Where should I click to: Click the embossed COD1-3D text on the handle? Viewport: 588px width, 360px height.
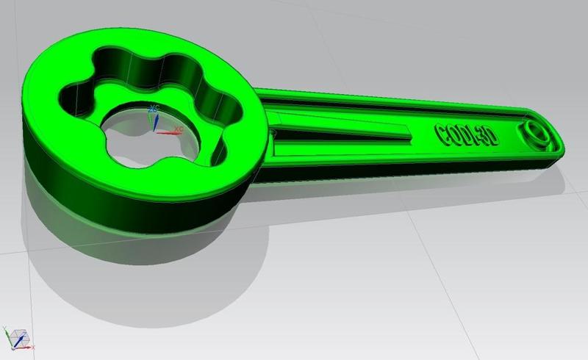(466, 134)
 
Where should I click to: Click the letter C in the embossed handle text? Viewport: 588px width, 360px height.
(443, 133)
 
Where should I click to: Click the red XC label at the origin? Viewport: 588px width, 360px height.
(178, 129)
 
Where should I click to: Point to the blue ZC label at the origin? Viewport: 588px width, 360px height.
(154, 109)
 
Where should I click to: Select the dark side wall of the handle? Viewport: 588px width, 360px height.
(404, 165)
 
